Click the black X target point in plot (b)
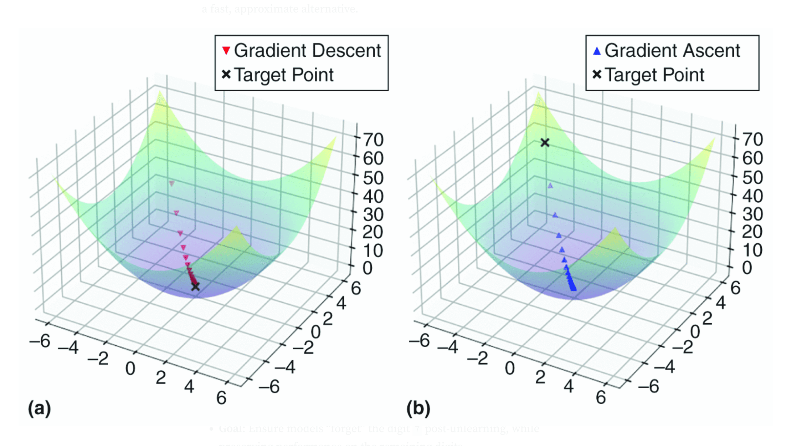pos(545,143)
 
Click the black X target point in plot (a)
pos(195,286)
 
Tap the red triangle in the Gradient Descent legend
pos(226,51)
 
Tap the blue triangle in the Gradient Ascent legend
pos(597,51)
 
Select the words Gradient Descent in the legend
pos(307,51)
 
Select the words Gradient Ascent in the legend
pos(672,51)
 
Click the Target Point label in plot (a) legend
pos(284,75)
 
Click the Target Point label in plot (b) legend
pos(654,75)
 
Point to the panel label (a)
pos(40,408)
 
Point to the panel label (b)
pos(418,408)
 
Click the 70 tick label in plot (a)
pos(373,140)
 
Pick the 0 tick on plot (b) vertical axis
pos(747,268)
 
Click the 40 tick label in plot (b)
pos(752,196)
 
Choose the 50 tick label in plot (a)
pos(373,178)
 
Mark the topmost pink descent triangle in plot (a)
pos(172,183)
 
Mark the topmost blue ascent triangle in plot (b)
pos(550,186)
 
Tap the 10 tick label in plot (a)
pos(373,250)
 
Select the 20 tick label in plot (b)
pos(752,232)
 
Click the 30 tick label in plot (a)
pos(373,214)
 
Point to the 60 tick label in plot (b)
pos(752,158)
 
